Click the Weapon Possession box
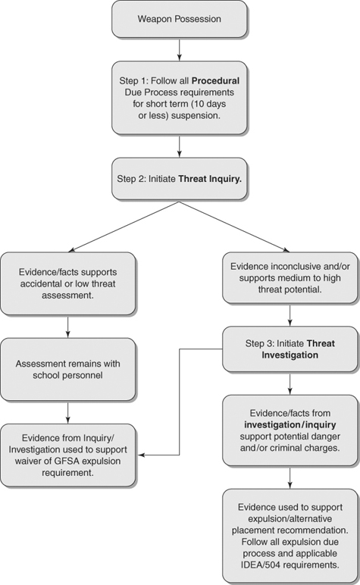coord(179,18)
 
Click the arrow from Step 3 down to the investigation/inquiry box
coord(289,383)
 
